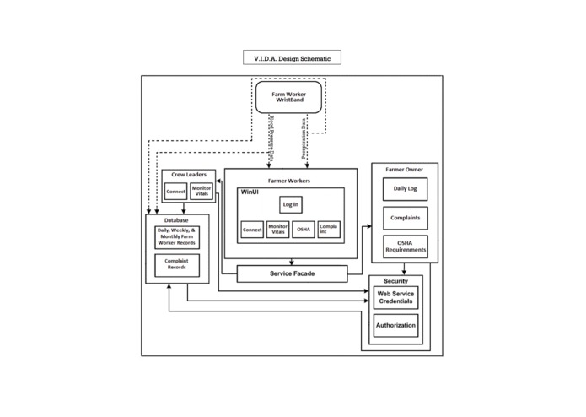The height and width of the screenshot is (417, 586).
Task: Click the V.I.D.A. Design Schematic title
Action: coord(292,58)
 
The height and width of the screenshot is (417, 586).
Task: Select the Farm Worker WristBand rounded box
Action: coord(289,97)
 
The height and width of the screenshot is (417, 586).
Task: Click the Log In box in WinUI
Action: coord(290,204)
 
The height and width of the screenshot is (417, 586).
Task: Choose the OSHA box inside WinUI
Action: coord(304,230)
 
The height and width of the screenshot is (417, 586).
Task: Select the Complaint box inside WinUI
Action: coord(330,230)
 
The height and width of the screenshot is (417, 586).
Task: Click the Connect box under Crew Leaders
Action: coord(175,192)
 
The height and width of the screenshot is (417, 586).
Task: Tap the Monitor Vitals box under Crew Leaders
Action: coord(202,191)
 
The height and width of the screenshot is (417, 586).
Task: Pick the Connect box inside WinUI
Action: coord(251,230)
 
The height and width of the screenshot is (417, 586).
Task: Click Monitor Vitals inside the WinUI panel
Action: coord(277,230)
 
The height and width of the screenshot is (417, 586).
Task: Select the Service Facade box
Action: coord(292,273)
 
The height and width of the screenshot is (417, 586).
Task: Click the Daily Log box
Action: coord(405,190)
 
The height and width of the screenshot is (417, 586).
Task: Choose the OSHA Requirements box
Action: coord(405,246)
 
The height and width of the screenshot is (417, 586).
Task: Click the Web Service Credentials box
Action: coord(395,297)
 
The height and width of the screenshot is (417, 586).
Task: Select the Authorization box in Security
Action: coord(395,325)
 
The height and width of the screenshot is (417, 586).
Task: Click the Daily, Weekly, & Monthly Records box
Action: coord(176,237)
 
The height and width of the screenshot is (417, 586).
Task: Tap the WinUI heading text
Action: coord(251,193)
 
